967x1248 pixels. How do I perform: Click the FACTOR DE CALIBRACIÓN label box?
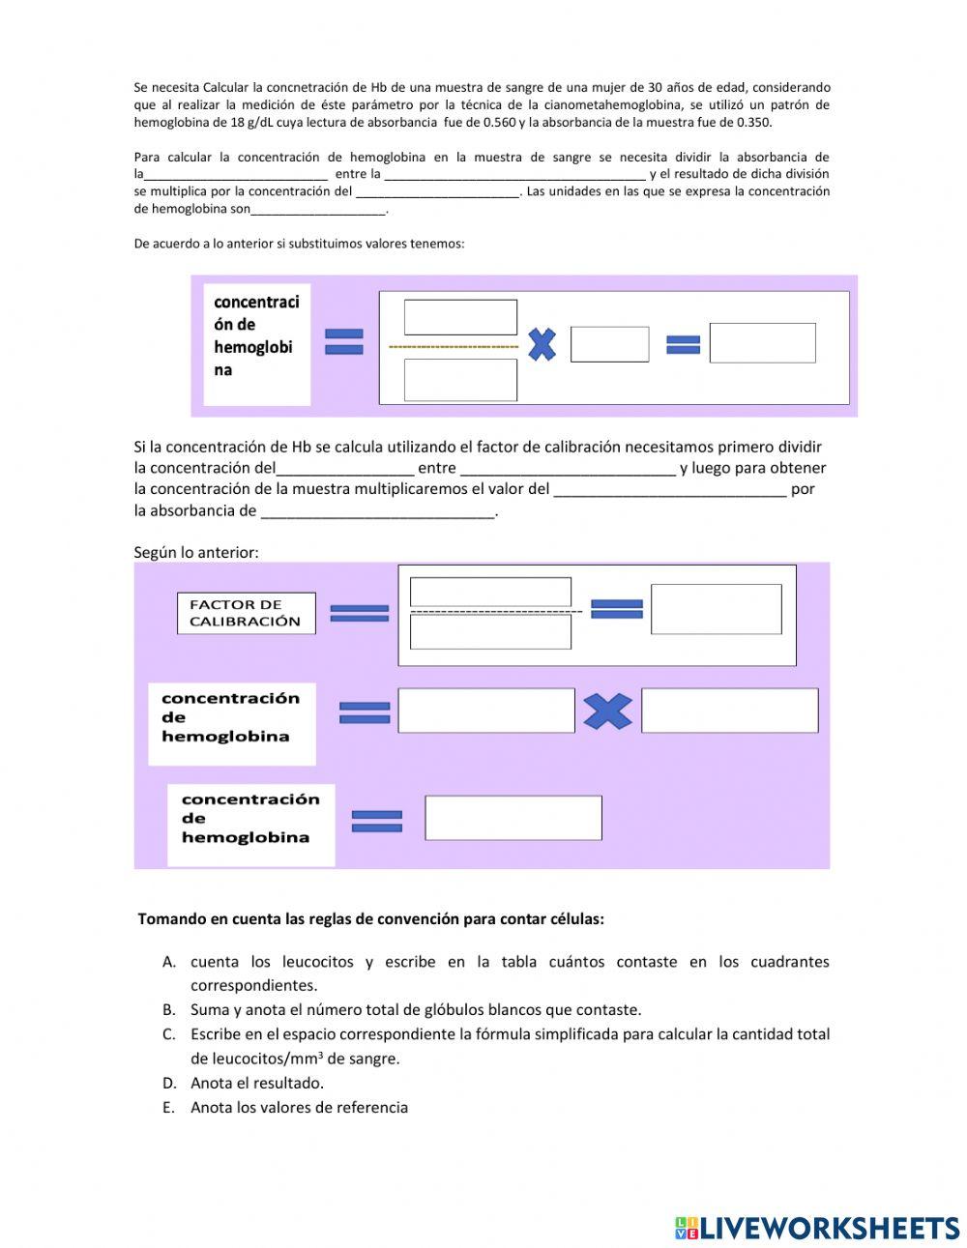pyautogui.click(x=246, y=613)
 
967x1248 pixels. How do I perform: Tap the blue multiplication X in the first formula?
pyautogui.click(x=542, y=344)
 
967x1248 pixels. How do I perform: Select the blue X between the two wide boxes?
pyautogui.click(x=607, y=711)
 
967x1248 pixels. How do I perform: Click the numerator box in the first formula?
pyautogui.click(x=460, y=317)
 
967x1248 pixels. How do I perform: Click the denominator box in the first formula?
pyautogui.click(x=460, y=379)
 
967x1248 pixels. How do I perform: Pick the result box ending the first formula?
pyautogui.click(x=762, y=343)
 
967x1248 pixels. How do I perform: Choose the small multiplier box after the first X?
pyautogui.click(x=609, y=344)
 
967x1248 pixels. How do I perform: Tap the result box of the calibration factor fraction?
pyautogui.click(x=716, y=609)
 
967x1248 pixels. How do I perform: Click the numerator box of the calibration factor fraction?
pyautogui.click(x=490, y=592)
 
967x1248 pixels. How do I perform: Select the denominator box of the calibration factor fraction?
pyautogui.click(x=490, y=632)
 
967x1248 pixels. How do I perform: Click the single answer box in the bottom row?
pyautogui.click(x=513, y=818)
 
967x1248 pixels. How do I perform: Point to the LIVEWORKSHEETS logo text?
pyautogui.click(x=829, y=1228)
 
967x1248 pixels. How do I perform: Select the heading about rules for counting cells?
pyautogui.click(x=370, y=919)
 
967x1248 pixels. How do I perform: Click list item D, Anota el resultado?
pyautogui.click(x=256, y=1083)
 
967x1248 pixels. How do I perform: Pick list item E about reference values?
pyautogui.click(x=299, y=1108)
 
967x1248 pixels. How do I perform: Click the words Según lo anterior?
pyautogui.click(x=196, y=553)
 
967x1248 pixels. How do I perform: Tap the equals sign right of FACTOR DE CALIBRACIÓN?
pyautogui.click(x=359, y=613)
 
